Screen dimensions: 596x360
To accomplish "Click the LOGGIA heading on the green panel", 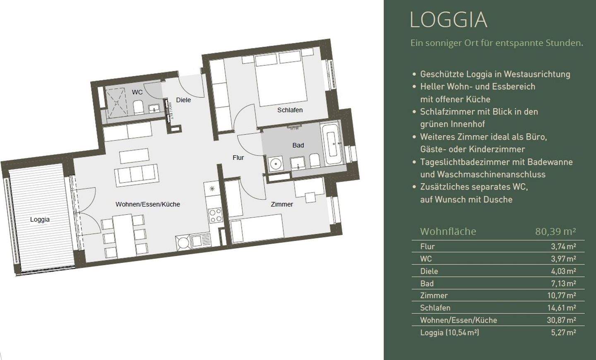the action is [449, 20].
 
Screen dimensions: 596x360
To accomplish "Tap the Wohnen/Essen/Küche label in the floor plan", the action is [148, 204].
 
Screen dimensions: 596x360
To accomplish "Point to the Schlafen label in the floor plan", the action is [290, 110].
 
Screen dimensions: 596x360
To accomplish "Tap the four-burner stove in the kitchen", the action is [215, 215].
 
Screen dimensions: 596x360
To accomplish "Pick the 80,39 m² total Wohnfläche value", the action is [555, 231].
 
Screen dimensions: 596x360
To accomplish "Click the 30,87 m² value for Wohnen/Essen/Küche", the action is [561, 320].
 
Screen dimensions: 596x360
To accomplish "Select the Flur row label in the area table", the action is [427, 246].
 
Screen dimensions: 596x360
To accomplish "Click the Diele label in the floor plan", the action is [183, 100].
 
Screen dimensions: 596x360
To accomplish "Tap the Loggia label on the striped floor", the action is [40, 219].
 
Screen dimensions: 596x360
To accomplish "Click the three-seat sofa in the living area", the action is [137, 175].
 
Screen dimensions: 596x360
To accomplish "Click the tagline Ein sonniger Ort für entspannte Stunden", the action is [497, 43].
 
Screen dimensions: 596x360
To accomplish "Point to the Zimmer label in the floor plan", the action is [282, 204].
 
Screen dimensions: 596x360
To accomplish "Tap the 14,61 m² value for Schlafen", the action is [561, 308].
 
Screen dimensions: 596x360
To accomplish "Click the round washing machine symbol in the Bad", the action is [275, 164].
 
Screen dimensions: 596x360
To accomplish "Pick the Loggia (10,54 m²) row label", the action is [449, 333].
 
